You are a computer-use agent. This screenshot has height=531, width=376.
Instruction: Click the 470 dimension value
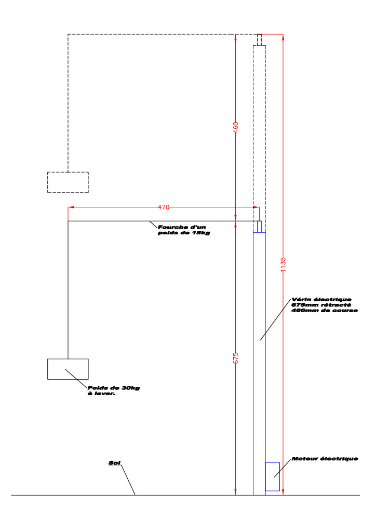pos(164,207)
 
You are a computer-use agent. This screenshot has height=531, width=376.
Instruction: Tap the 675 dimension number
pos(236,358)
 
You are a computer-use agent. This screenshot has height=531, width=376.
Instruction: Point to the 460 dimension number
pos(236,127)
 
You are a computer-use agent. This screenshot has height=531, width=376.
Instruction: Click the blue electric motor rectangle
pos(272,476)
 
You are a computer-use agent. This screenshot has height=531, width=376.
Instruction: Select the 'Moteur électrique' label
pos(325,459)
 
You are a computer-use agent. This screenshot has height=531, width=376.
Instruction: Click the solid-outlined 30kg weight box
pos(68,369)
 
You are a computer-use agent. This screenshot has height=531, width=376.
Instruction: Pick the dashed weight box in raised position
pos(68,182)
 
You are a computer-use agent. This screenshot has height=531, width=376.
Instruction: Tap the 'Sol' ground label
pos(114,463)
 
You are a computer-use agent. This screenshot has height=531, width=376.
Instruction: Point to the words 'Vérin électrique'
pos(321,300)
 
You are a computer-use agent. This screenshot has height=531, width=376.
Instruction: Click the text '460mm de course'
pos(325,311)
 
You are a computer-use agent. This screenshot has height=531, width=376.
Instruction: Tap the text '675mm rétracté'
pos(321,305)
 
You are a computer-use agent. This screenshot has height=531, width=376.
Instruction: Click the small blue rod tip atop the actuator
pos(259,226)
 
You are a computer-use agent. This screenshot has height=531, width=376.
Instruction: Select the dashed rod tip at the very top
pos(259,39)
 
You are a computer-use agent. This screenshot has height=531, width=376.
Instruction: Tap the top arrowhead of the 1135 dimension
pos(283,37)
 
